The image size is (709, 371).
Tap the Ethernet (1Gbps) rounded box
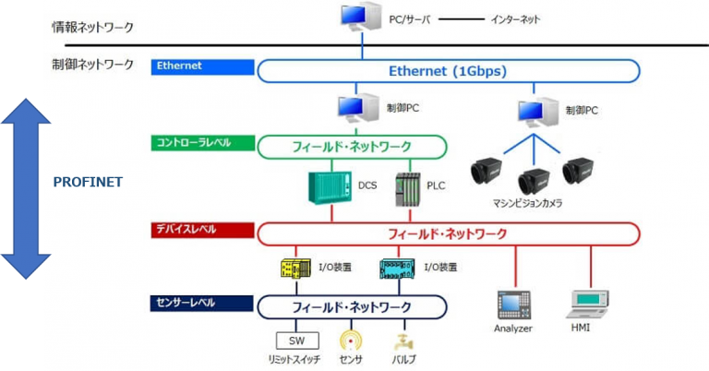(x=448, y=71)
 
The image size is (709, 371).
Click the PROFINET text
(x=88, y=182)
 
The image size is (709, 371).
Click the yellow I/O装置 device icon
(x=297, y=269)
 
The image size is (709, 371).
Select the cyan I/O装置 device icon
(x=400, y=269)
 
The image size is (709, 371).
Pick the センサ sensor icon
(x=351, y=341)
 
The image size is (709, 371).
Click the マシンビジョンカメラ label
(x=529, y=202)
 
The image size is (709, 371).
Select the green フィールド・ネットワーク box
(x=352, y=147)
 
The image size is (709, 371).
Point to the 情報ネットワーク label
(x=92, y=26)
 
